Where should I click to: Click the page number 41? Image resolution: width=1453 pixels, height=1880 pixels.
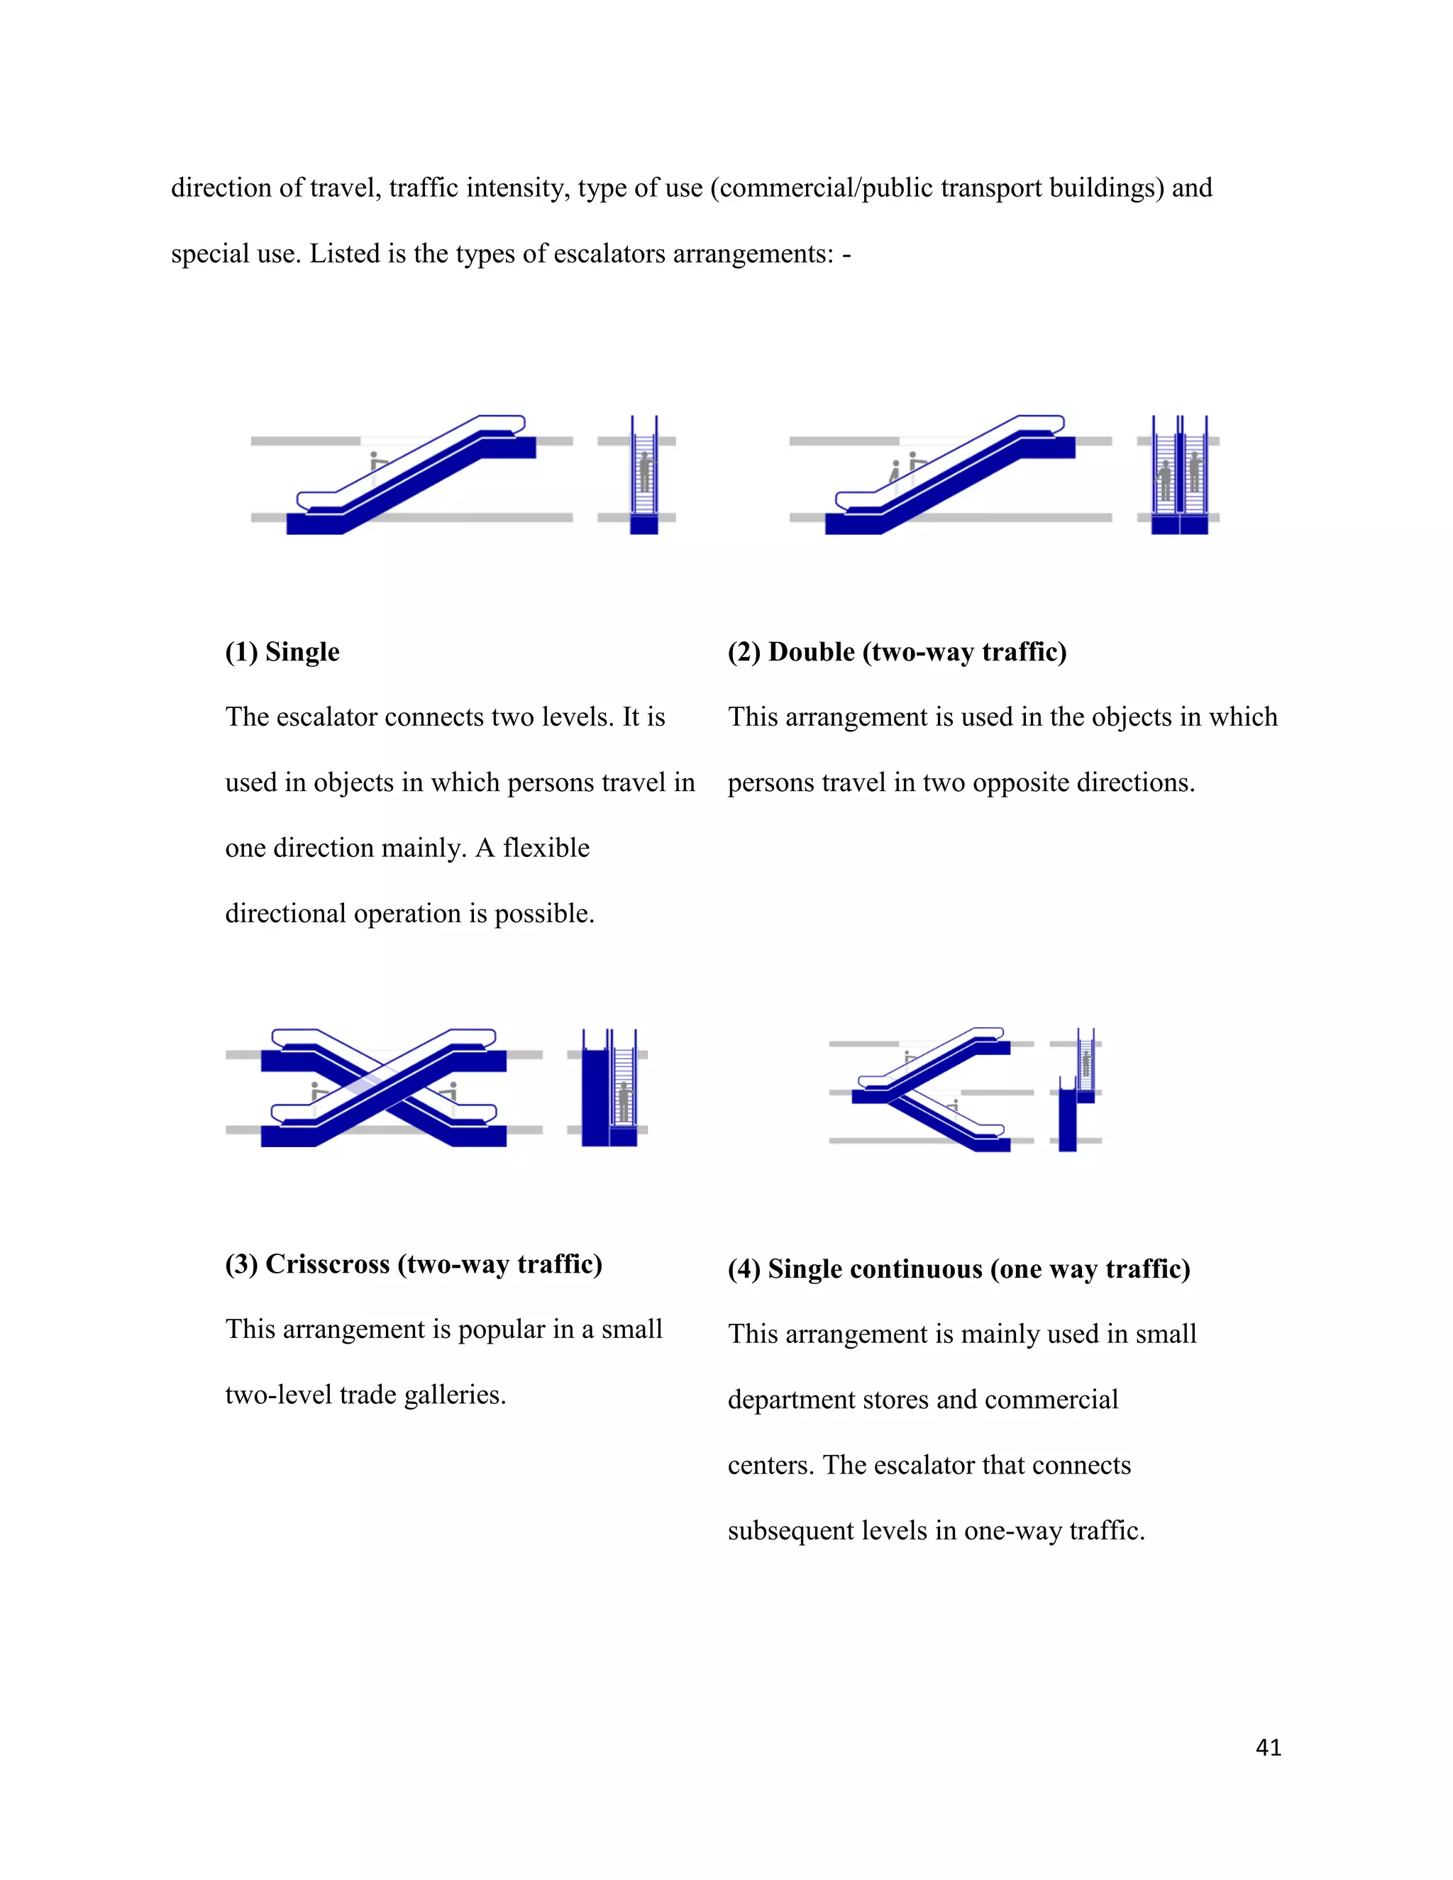(1268, 1747)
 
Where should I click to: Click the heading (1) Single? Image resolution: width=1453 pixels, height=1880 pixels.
(282, 652)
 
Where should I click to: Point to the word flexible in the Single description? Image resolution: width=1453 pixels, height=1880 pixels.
(546, 848)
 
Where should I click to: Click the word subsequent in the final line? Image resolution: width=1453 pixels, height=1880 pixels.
(780, 1530)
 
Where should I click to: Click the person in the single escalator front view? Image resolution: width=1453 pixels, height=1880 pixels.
(645, 472)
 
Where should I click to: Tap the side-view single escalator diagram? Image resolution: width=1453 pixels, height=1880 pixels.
(411, 476)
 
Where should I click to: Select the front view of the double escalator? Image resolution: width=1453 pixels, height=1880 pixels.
(1179, 476)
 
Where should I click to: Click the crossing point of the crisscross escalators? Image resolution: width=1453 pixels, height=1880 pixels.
(384, 1087)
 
